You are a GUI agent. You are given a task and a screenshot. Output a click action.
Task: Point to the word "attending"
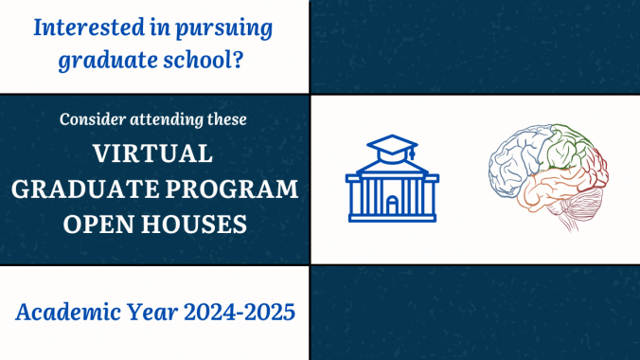(172, 121)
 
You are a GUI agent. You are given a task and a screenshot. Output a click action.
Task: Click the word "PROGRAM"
(240, 189)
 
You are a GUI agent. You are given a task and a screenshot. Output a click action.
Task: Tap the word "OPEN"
(99, 225)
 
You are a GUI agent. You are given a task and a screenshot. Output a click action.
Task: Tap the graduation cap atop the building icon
(392, 147)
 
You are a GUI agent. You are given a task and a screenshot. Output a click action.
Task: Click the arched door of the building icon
(392, 204)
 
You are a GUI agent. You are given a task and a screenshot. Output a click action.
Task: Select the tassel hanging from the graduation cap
(413, 156)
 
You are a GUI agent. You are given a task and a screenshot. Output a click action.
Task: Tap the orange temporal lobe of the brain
(544, 189)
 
